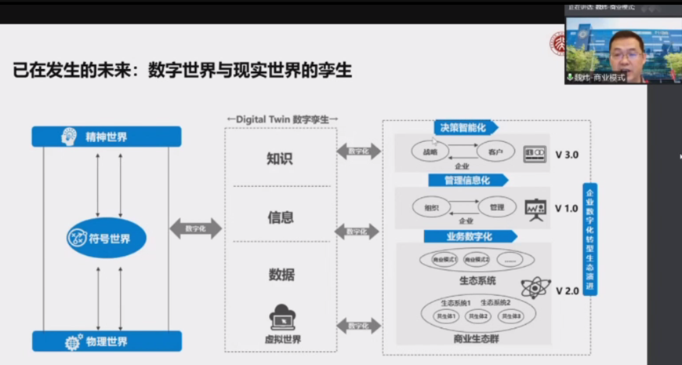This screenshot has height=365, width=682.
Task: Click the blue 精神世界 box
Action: tap(106, 137)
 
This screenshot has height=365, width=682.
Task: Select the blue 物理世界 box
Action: tap(106, 341)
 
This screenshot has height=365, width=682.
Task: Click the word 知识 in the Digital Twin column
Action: tap(279, 159)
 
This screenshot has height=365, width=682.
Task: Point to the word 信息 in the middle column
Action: tap(280, 217)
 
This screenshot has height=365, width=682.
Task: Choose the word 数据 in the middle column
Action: tap(280, 275)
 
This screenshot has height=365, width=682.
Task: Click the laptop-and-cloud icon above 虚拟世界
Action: tap(282, 317)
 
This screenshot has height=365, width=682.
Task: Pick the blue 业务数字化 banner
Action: tap(469, 236)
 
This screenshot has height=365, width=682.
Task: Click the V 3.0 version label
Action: tap(566, 155)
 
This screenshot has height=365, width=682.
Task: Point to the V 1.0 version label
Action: tap(566, 209)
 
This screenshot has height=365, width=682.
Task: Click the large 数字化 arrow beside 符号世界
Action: tap(195, 228)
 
